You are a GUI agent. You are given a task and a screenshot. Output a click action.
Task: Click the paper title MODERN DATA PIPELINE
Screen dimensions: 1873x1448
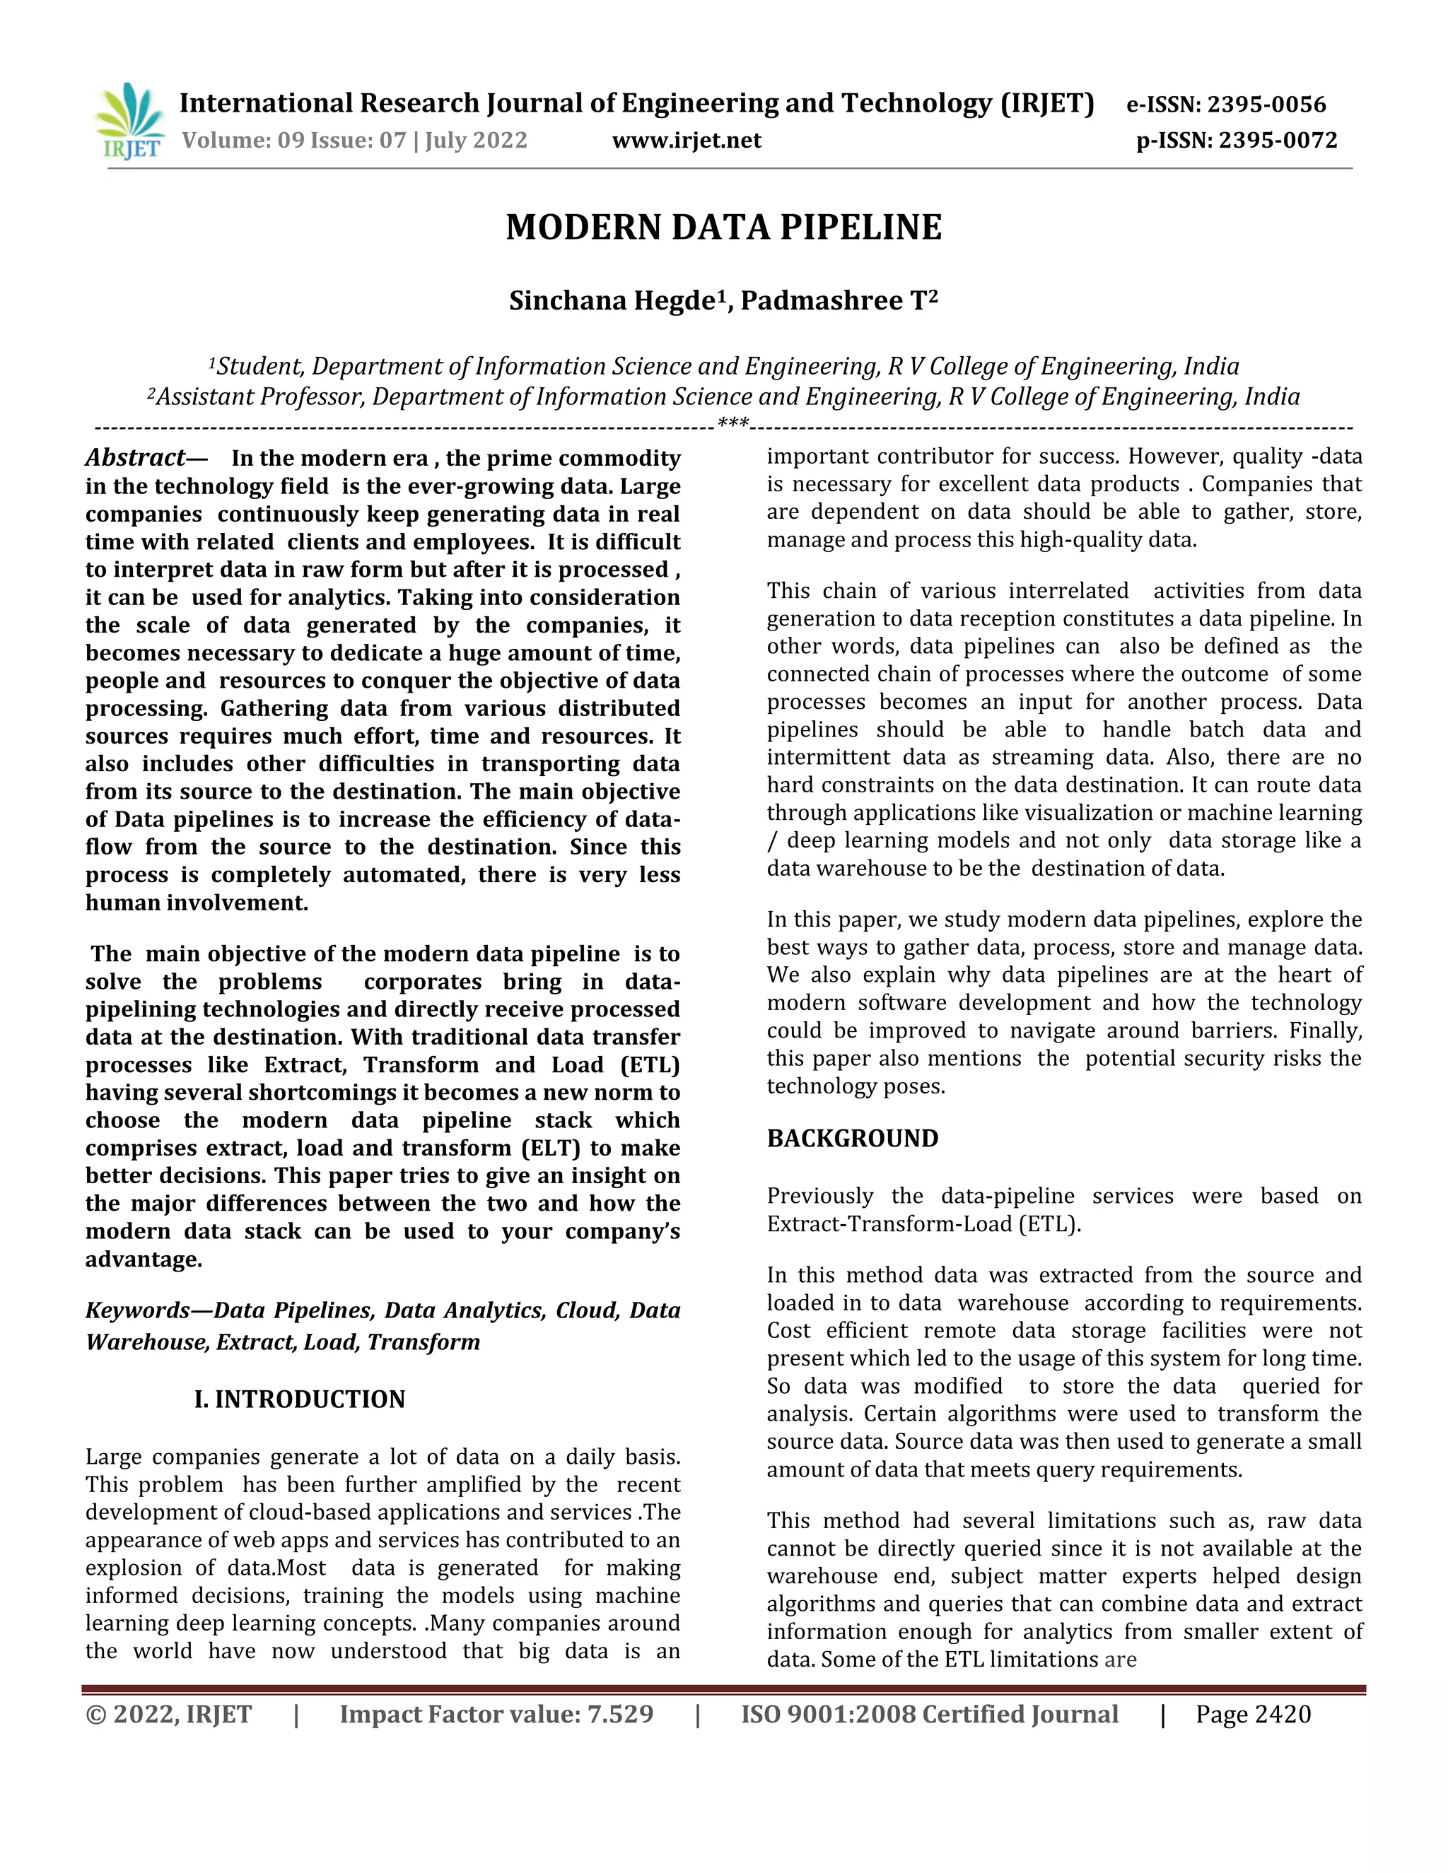pos(723,228)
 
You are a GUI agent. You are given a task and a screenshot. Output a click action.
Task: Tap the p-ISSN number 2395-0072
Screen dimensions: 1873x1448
pos(1278,140)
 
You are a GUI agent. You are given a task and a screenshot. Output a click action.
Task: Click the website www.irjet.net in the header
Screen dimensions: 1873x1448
pos(687,140)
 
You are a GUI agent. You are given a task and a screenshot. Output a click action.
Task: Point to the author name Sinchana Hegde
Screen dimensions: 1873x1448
pos(612,301)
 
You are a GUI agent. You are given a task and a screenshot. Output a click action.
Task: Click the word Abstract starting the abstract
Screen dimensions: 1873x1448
pos(134,457)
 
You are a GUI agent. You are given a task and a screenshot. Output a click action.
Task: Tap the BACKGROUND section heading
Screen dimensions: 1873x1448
pos(852,1138)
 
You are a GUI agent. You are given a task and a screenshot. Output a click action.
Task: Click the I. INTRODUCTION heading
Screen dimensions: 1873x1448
pos(299,1399)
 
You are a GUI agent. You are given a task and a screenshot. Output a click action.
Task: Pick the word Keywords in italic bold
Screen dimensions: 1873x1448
pos(137,1310)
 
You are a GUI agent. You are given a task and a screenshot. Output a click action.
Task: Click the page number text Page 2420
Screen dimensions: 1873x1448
pos(1254,1715)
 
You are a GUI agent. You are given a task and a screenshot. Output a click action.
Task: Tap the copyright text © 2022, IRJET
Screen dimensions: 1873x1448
pos(169,1715)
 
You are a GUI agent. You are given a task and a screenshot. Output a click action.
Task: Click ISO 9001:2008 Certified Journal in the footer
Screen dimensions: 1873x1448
pos(930,1715)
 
